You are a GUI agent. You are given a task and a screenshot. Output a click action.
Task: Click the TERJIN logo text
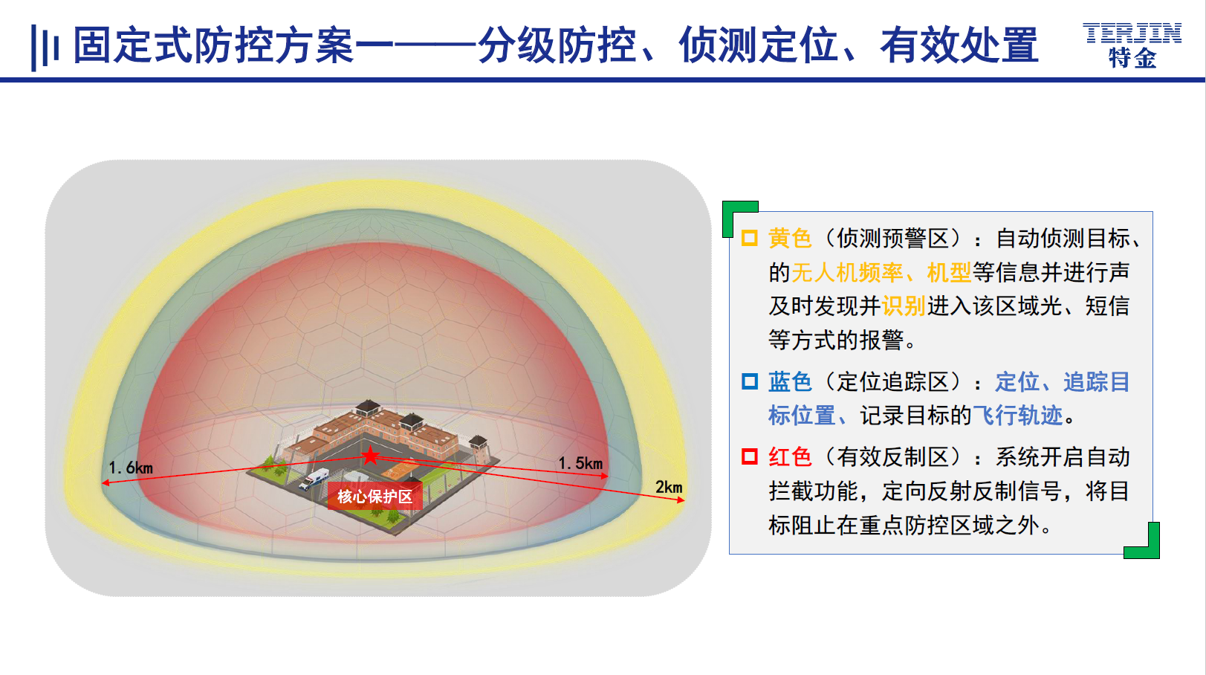(1132, 33)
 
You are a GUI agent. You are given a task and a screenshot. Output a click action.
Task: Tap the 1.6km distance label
(130, 468)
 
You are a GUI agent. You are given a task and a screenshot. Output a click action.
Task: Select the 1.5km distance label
(580, 462)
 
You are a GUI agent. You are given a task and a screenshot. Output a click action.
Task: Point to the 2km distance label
(669, 487)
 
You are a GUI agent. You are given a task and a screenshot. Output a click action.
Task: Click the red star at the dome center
(370, 456)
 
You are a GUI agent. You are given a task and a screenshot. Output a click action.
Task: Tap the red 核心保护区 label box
(375, 496)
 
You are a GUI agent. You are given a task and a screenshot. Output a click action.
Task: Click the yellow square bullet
(750, 238)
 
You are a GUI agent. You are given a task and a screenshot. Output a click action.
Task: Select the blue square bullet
(750, 381)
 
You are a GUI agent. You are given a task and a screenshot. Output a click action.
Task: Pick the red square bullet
(750, 456)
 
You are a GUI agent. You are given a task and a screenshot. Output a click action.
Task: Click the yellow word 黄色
(790, 238)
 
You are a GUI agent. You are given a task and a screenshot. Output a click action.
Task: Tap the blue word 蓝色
(790, 381)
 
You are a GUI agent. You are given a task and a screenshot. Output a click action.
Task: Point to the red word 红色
(790, 457)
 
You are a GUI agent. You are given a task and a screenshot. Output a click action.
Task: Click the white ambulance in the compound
(314, 478)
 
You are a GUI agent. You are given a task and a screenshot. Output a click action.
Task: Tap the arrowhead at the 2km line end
(681, 500)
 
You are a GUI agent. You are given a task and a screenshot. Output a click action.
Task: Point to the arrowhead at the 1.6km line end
(106, 482)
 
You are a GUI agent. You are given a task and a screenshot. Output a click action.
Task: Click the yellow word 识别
(904, 306)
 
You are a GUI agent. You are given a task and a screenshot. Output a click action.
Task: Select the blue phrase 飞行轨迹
(1017, 416)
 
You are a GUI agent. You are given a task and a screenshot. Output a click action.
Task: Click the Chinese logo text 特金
(1132, 58)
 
